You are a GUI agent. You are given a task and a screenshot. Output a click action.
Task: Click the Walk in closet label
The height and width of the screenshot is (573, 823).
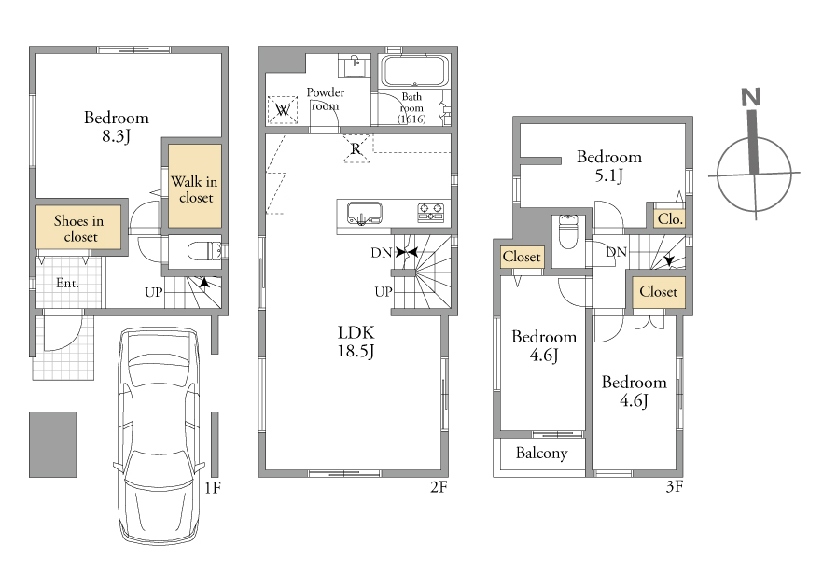[194, 189]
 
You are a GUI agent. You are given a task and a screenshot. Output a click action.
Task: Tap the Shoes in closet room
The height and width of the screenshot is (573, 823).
[78, 227]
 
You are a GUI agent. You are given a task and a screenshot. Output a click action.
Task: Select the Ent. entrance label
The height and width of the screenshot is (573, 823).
[68, 284]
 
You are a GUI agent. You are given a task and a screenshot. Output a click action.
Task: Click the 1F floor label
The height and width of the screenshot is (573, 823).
[213, 488]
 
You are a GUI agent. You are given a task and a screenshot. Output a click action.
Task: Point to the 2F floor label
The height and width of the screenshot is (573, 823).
[439, 487]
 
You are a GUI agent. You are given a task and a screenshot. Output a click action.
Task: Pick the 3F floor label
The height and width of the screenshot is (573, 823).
[675, 487]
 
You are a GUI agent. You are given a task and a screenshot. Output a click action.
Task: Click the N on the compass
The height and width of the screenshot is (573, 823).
[751, 97]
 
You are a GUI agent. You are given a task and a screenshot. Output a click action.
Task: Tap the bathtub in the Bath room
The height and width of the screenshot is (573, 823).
[414, 71]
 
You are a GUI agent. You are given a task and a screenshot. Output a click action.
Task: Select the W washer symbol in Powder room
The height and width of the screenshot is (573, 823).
[283, 110]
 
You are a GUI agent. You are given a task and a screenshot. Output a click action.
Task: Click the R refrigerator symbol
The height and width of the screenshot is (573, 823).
[356, 149]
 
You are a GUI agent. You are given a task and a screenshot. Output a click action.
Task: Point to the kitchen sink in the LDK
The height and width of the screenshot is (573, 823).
[364, 214]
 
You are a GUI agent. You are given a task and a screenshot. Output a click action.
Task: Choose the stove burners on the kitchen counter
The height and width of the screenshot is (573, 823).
[431, 213]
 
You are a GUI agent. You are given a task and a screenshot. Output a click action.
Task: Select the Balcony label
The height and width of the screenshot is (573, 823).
[541, 454]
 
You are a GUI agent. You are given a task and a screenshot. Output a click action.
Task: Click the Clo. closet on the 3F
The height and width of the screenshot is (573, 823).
[670, 218]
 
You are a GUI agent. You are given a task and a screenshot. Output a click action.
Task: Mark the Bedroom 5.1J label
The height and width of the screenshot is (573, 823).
[608, 166]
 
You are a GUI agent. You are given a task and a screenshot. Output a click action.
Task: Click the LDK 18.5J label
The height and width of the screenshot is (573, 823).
[356, 342]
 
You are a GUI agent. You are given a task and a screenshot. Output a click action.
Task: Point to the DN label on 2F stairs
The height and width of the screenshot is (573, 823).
[381, 253]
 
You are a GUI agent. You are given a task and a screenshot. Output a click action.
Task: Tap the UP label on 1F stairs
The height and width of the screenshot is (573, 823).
[154, 292]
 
